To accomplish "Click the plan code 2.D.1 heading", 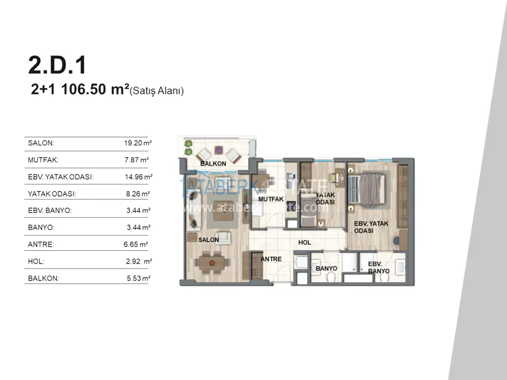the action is pyautogui.click(x=57, y=65).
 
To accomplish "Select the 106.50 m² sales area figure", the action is pyautogui.click(x=95, y=89).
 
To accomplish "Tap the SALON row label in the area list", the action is pyautogui.click(x=41, y=143).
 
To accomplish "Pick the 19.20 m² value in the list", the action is pyautogui.click(x=138, y=143).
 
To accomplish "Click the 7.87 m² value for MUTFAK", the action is pyautogui.click(x=136, y=160).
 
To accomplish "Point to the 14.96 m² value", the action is pyautogui.click(x=138, y=177).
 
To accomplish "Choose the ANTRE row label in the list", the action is pyautogui.click(x=41, y=244).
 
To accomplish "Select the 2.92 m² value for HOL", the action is pyautogui.click(x=139, y=261).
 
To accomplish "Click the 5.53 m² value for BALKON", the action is pyautogui.click(x=138, y=278).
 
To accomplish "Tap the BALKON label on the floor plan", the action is pyautogui.click(x=213, y=164).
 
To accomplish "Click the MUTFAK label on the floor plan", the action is pyautogui.click(x=271, y=199).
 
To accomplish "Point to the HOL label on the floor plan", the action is pyautogui.click(x=305, y=242).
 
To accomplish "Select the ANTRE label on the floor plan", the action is pyautogui.click(x=271, y=259).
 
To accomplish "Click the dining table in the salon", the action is pyautogui.click(x=212, y=263).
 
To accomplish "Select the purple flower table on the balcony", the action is pyautogui.click(x=219, y=150).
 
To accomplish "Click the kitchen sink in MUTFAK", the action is pyautogui.click(x=292, y=177).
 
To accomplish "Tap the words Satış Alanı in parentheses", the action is pyautogui.click(x=156, y=91).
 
